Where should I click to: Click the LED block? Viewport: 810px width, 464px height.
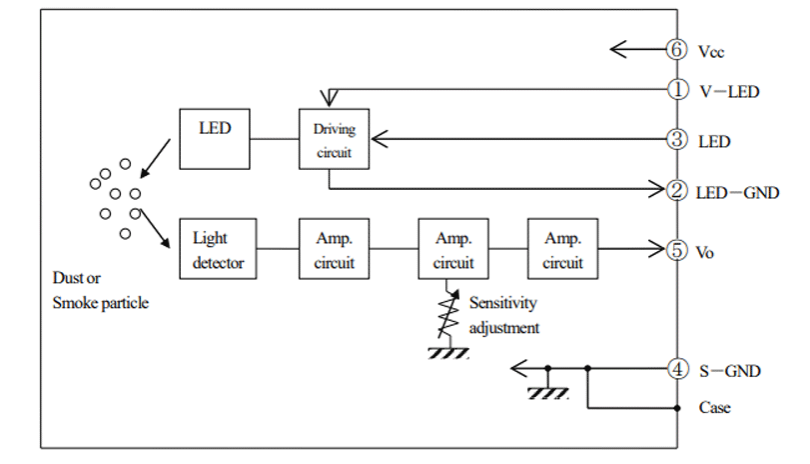(x=215, y=139)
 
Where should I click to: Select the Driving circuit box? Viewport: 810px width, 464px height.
(x=334, y=139)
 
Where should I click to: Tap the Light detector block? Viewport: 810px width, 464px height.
(x=218, y=250)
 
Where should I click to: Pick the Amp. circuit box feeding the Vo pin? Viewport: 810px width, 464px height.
(x=563, y=250)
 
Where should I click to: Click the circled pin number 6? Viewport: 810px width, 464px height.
(x=677, y=49)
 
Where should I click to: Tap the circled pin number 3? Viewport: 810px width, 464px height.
(x=677, y=140)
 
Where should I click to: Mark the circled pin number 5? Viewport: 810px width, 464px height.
(x=677, y=250)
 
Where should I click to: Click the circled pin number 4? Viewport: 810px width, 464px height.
(x=677, y=370)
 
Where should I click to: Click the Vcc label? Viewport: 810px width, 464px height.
(x=713, y=50)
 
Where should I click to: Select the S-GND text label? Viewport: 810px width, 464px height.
(x=729, y=371)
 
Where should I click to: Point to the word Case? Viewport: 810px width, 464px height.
(x=714, y=407)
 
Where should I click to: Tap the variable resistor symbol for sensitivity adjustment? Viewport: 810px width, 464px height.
(x=445, y=313)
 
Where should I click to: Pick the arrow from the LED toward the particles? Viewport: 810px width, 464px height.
(x=156, y=158)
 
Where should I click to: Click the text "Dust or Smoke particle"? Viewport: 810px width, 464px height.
(x=99, y=289)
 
